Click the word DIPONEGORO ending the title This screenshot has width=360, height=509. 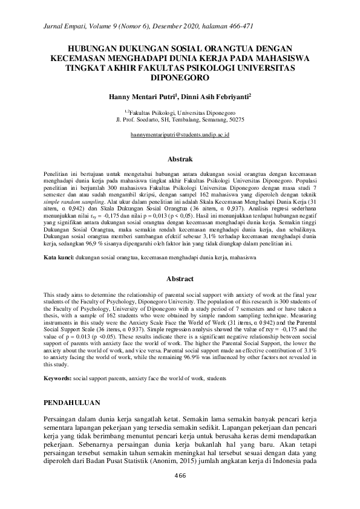click(x=180, y=78)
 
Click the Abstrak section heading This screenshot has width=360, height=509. click(x=180, y=160)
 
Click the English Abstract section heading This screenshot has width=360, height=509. click(x=180, y=279)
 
